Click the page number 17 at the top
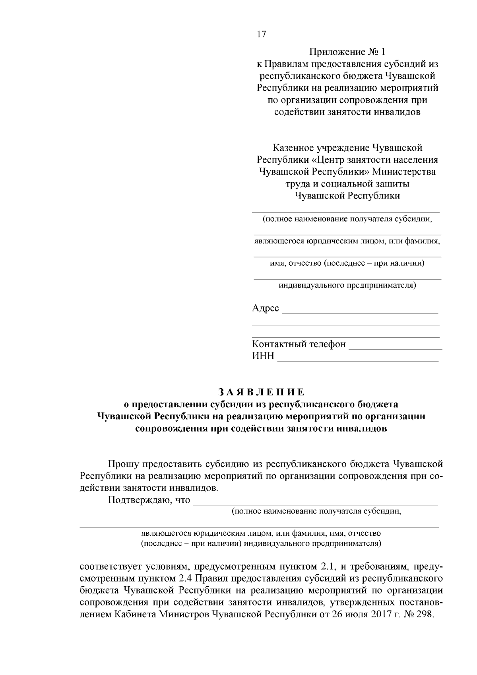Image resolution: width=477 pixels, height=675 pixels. click(262, 34)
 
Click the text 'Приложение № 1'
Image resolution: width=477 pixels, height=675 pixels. click(347, 52)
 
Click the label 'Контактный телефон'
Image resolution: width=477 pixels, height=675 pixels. click(299, 344)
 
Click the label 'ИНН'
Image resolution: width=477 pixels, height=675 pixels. click(263, 356)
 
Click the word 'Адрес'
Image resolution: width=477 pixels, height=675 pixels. click(266, 308)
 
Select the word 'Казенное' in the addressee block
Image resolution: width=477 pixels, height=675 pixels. click(292, 148)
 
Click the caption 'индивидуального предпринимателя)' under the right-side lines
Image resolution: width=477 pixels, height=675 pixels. click(347, 285)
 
